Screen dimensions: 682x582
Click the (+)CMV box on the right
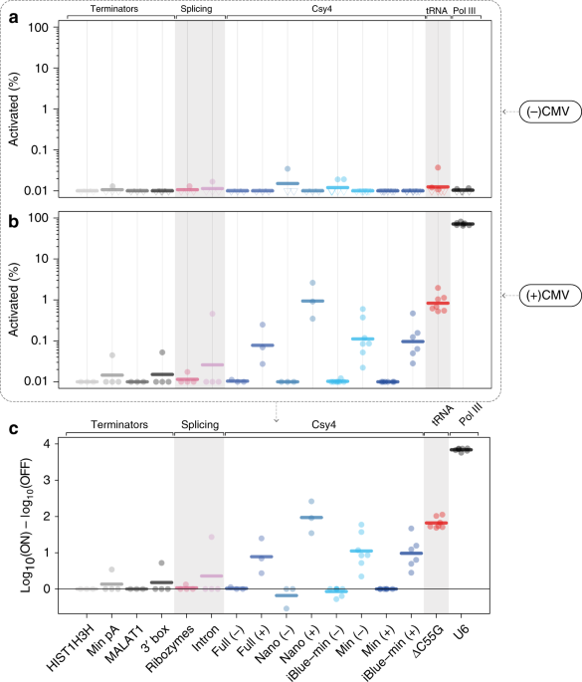[x=544, y=295]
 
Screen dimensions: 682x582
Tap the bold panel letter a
[x=11, y=14]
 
